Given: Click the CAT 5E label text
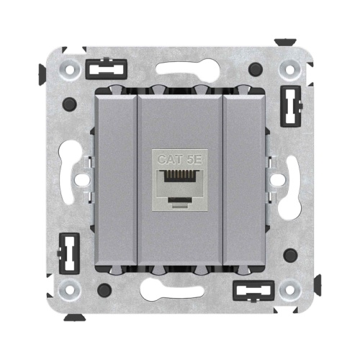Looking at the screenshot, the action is (179, 159).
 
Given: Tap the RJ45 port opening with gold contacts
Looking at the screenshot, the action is (180, 176).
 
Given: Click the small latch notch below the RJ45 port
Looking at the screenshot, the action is (180, 199).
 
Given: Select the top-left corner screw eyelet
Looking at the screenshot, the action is (70, 70).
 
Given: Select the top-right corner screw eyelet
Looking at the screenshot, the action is (290, 70).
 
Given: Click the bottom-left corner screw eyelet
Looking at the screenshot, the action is (70, 290).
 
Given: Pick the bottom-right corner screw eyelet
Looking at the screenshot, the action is (290, 290).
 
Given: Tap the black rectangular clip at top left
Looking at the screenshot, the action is (107, 69).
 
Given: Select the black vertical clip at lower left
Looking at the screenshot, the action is (68, 253).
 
